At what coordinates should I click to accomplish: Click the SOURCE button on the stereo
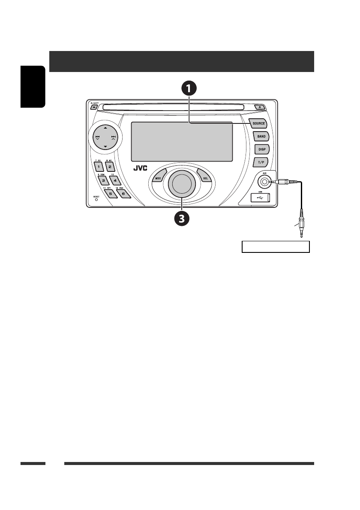tap(258, 123)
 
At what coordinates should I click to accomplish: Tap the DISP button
tap(261, 149)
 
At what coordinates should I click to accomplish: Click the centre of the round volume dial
tap(181, 183)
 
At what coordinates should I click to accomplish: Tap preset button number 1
tap(98, 166)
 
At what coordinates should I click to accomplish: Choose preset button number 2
tap(110, 166)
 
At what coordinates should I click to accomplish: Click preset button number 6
tap(122, 193)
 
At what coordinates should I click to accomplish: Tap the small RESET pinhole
tap(96, 199)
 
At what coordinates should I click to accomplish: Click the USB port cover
tap(260, 198)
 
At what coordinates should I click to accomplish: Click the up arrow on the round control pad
tap(105, 128)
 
